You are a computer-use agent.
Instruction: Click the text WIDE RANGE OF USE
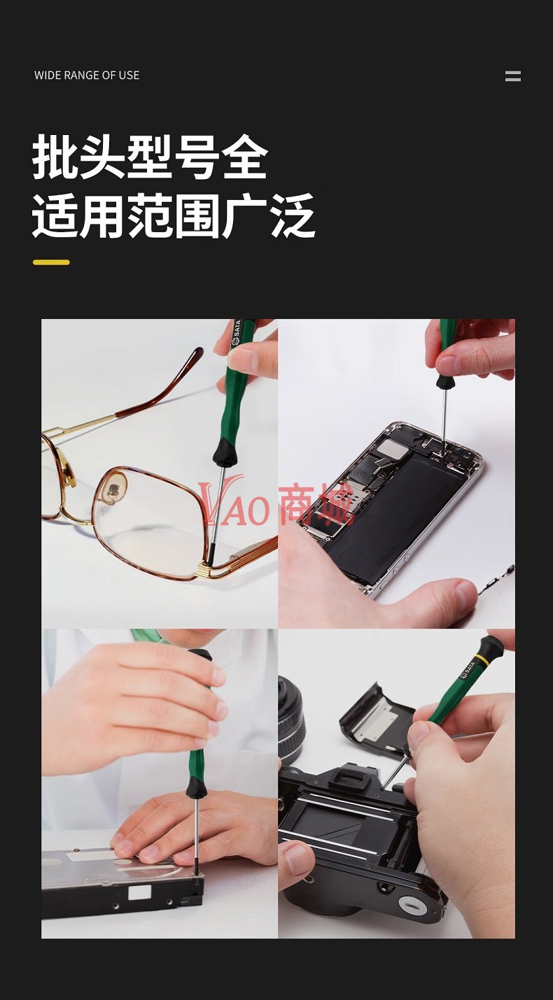tap(87, 75)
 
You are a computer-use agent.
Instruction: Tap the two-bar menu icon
tap(513, 76)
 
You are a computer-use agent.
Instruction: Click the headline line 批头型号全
tap(150, 157)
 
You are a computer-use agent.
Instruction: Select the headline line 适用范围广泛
tap(174, 215)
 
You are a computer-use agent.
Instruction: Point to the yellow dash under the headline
tap(51, 262)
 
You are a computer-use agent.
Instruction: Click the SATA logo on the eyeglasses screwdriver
tap(236, 333)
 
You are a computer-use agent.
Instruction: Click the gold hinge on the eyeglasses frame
tap(209, 570)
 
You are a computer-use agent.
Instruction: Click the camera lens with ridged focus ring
tap(291, 718)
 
